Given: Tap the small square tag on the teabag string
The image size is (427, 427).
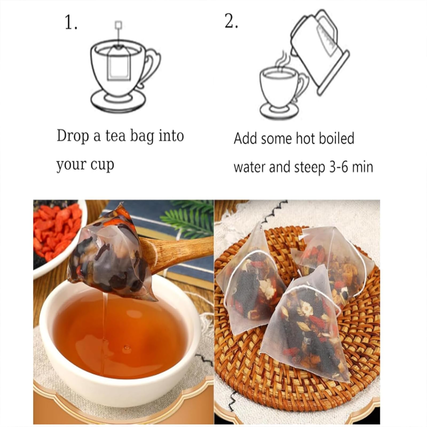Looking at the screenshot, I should [x=118, y=25].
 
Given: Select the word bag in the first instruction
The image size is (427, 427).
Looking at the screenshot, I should [x=142, y=137].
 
